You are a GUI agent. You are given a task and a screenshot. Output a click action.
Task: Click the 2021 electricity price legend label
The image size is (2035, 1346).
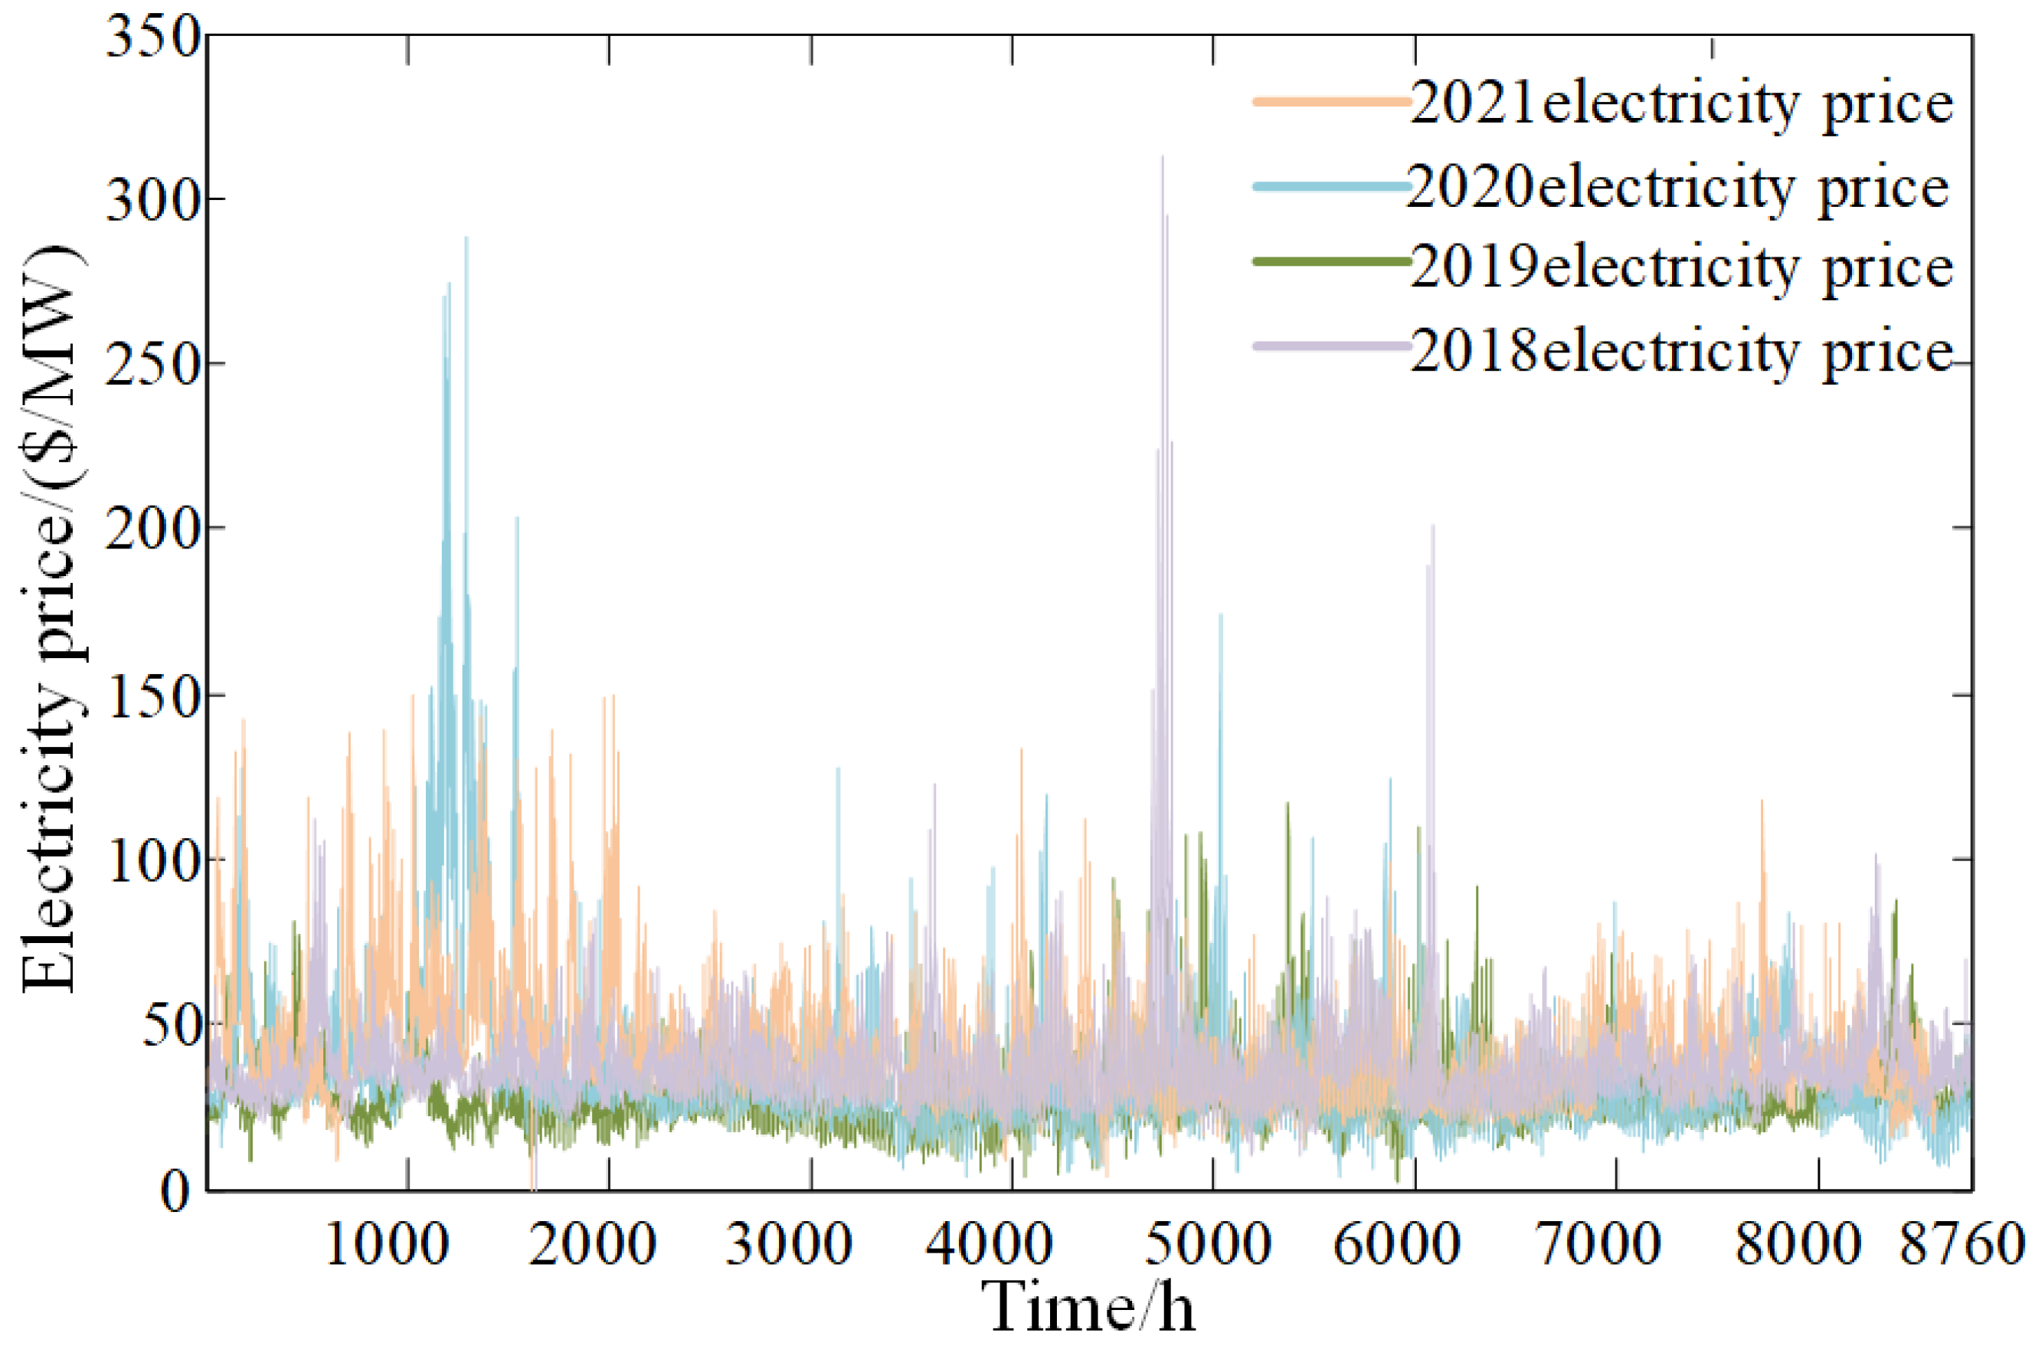coord(1681,104)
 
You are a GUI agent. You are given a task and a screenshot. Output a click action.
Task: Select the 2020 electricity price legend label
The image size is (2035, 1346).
coord(1677,188)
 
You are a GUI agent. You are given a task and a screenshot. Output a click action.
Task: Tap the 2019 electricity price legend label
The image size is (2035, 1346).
coord(1681,268)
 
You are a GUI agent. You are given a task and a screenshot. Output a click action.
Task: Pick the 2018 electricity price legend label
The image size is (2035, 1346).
coord(1681,351)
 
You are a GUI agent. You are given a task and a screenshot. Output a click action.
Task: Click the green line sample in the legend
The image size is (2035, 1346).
coord(1331,261)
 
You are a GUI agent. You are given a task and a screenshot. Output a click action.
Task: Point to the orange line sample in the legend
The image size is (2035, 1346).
coord(1331,101)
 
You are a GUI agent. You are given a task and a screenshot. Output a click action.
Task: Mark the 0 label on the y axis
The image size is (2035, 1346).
coord(176,1192)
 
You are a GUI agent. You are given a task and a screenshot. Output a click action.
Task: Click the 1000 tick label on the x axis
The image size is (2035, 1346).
coord(387,1245)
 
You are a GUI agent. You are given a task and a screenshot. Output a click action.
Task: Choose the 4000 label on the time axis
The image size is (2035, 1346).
coord(990,1245)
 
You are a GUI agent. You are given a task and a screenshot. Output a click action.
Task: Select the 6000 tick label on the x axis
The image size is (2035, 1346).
coord(1396,1245)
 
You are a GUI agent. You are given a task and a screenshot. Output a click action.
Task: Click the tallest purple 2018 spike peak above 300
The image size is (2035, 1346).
coord(1162,158)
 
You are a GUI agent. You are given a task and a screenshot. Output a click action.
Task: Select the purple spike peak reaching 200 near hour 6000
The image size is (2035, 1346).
coord(1432,526)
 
